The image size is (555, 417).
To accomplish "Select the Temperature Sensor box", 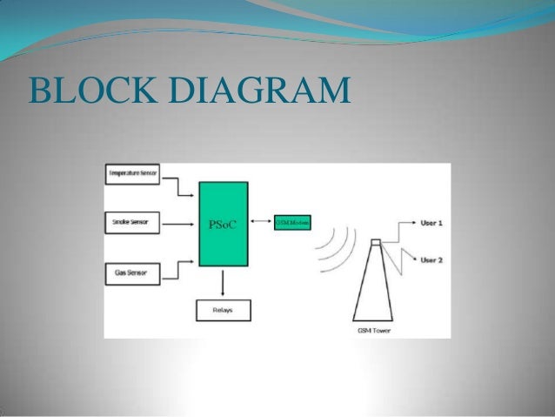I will click(132, 174).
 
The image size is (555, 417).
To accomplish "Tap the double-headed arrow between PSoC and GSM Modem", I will click(260, 224).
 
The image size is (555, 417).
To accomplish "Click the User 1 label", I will click(431, 224).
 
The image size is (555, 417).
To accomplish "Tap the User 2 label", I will click(431, 260).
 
